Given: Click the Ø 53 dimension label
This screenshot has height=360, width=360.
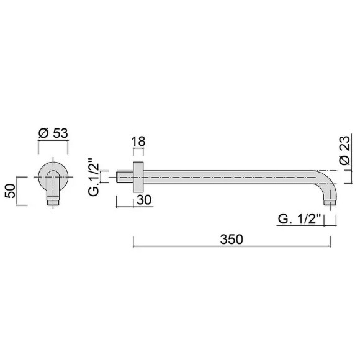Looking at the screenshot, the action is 53,133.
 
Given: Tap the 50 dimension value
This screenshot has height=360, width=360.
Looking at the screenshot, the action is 11,191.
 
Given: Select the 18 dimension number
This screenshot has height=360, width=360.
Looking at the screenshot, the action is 138,141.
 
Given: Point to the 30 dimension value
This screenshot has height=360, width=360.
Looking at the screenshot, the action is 144,199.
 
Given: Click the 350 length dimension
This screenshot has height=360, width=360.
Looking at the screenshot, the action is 232,239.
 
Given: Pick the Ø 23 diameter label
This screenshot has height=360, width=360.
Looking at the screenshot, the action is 344,150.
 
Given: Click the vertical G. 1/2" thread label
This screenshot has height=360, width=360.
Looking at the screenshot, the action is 94,176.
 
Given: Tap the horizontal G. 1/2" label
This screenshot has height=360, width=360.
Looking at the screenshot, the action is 299,219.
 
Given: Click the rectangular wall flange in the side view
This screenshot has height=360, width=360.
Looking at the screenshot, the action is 138,177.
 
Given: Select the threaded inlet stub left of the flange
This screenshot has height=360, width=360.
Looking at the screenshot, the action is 125,177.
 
